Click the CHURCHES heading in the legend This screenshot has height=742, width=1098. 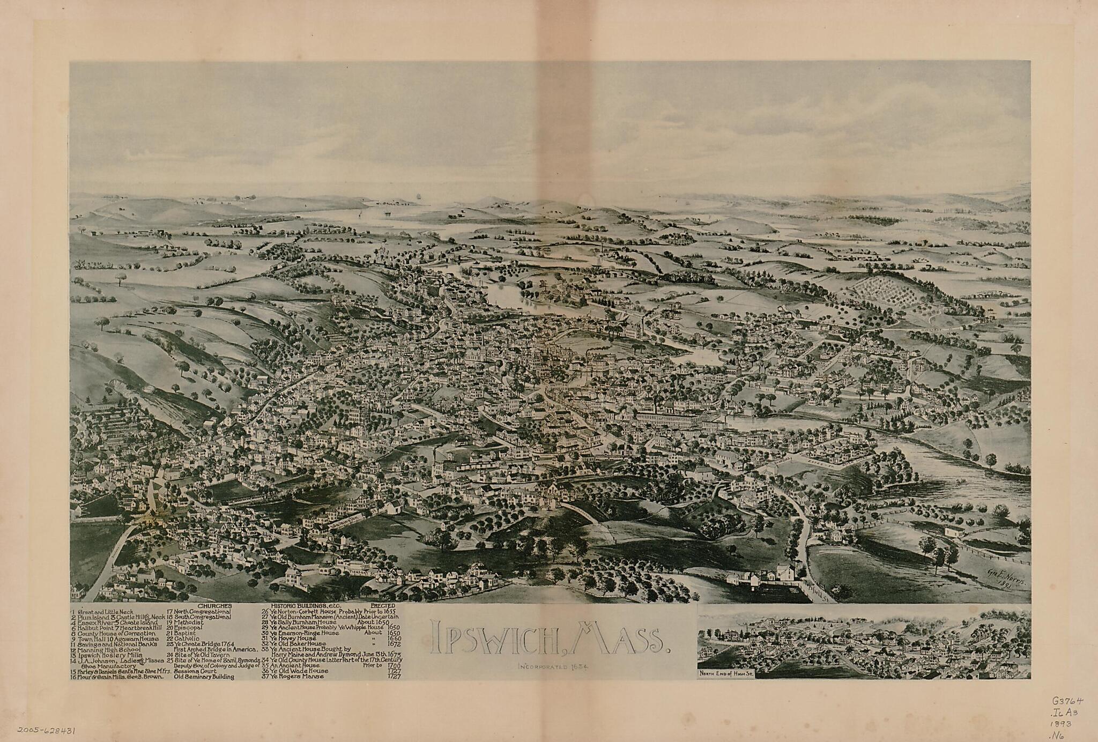(214, 606)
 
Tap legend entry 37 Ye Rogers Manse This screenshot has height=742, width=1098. (298, 677)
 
